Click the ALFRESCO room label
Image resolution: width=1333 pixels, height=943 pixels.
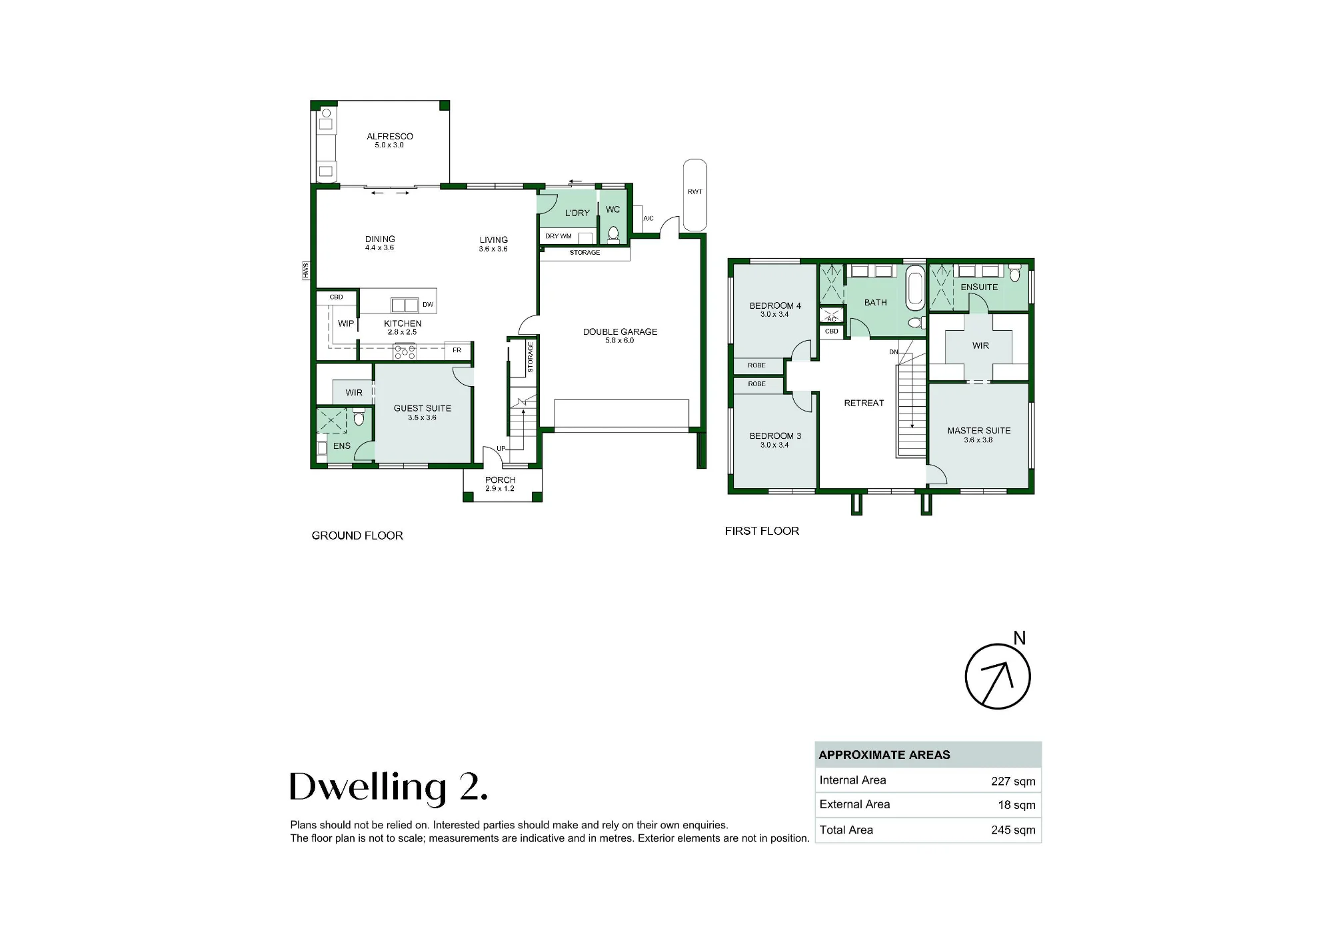(390, 136)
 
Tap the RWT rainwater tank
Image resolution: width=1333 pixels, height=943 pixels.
(695, 195)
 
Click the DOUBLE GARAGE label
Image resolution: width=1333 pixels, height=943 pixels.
(620, 331)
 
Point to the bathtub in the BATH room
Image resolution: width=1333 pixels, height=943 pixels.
(915, 288)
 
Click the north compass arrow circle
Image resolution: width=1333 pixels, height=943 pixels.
(998, 676)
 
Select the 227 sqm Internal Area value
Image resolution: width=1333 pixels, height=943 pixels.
(1013, 781)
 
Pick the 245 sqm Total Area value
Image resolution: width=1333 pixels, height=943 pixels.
(1013, 830)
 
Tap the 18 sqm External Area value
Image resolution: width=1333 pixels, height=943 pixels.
(1016, 805)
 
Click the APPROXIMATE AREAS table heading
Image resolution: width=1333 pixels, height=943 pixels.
(884, 755)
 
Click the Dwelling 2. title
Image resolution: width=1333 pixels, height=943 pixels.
(389, 787)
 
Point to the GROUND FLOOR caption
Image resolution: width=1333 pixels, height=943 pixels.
(357, 536)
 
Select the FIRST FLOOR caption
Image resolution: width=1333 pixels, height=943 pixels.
(762, 531)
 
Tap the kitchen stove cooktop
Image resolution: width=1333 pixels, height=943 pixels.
(405, 351)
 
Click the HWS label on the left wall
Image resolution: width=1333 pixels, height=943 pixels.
(306, 270)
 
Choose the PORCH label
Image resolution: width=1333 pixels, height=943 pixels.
(501, 480)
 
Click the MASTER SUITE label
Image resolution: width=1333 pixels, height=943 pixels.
(979, 431)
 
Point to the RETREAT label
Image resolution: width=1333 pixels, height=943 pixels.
(864, 403)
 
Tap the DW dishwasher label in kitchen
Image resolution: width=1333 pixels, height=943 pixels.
(428, 305)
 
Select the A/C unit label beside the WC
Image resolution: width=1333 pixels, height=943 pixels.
(649, 218)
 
